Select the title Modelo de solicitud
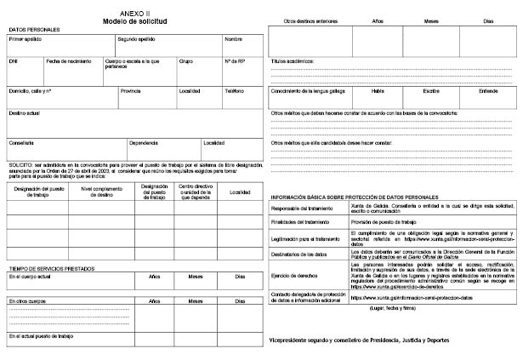click(x=135, y=20)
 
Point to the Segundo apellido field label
click(x=138, y=40)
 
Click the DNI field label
click(x=13, y=61)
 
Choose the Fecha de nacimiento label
click(x=69, y=61)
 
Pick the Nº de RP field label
click(x=235, y=61)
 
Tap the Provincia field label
click(x=130, y=90)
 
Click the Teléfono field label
click(x=234, y=90)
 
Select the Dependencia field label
click(x=143, y=142)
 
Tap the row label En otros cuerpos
click(x=26, y=301)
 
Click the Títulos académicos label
click(x=293, y=61)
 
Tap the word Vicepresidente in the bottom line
click(x=294, y=340)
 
